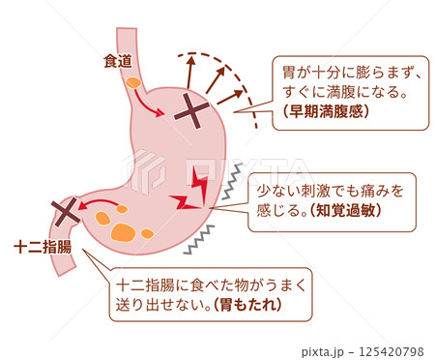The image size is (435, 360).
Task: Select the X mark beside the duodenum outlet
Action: coord(66,210)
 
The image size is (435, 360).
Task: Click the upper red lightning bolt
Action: coord(197,181)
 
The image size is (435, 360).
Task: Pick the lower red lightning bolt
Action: coord(184,204)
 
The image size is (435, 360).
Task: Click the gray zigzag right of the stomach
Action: coord(231,191)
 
